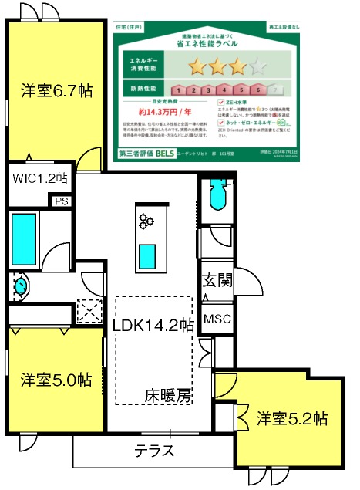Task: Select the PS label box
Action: pos(61,201)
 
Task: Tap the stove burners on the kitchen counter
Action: pos(146,222)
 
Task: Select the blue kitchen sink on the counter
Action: pos(147,252)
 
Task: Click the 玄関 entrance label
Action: pos(217,282)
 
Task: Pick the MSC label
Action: pos(217,319)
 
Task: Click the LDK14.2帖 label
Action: pos(152,326)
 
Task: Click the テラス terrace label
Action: pos(154,451)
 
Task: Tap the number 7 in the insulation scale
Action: pos(273,90)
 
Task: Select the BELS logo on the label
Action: pos(164,153)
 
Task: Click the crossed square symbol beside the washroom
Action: pos(89,312)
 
